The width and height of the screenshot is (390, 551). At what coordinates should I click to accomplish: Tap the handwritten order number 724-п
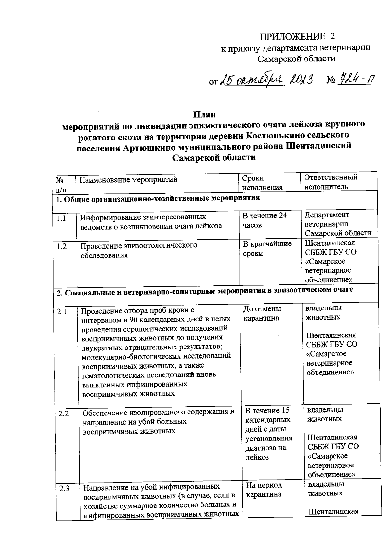(355, 79)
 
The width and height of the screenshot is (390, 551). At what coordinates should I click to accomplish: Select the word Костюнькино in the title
(286, 135)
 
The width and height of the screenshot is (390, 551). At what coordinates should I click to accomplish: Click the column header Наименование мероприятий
(129, 179)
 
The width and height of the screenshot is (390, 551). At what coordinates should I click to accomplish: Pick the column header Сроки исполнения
(263, 182)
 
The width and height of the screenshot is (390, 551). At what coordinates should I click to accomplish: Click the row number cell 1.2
(62, 247)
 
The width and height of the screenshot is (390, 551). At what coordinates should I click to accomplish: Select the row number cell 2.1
(62, 312)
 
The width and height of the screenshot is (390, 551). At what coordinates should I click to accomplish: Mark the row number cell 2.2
(63, 414)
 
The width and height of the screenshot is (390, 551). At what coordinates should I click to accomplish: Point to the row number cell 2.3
(64, 488)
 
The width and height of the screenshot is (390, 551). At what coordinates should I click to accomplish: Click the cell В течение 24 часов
(265, 220)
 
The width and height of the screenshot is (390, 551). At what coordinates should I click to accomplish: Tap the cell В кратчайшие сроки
(267, 248)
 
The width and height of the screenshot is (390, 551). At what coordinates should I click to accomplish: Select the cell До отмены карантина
(262, 313)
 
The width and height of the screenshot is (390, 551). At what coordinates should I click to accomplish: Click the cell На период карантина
(264, 490)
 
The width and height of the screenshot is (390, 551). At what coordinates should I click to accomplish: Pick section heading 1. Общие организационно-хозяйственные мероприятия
(158, 198)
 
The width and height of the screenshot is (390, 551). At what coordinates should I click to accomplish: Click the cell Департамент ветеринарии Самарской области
(338, 224)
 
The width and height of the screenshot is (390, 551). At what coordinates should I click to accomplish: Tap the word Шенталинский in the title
(318, 146)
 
